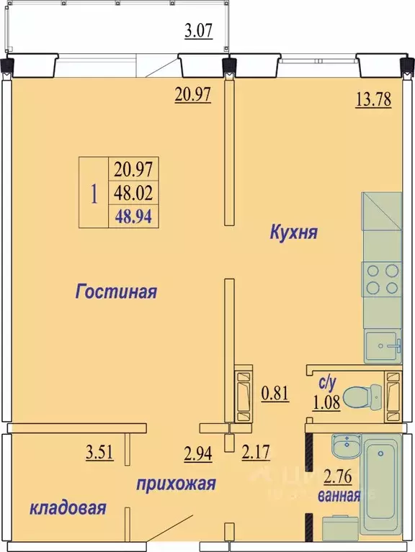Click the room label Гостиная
pyautogui.click(x=116, y=292)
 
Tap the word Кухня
pyautogui.click(x=294, y=232)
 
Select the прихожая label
pyautogui.click(x=176, y=484)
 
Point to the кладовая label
pyautogui.click(x=68, y=508)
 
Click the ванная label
pyautogui.click(x=339, y=494)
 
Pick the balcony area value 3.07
pyautogui.click(x=199, y=31)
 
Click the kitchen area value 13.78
pyautogui.click(x=372, y=100)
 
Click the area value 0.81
pyautogui.click(x=275, y=394)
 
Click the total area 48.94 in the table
pyautogui.click(x=135, y=215)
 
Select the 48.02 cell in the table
pyautogui.click(x=135, y=193)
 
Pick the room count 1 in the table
pyautogui.click(x=93, y=193)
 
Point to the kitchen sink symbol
pyautogui.click(x=381, y=346)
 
